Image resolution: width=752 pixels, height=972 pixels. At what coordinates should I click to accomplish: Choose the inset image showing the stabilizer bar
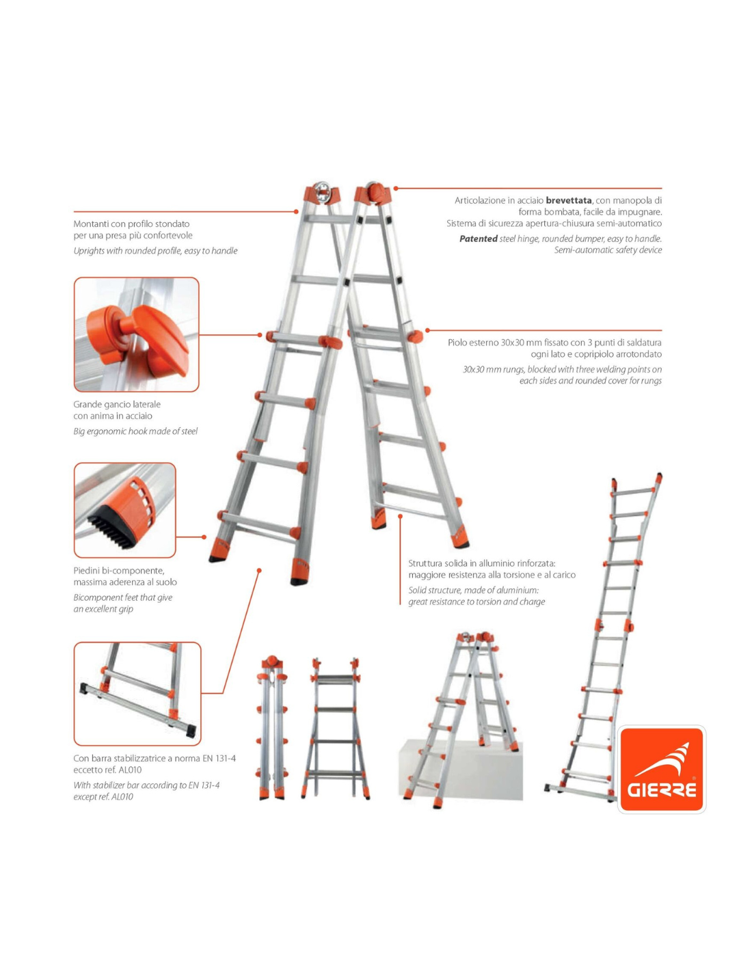coord(137,694)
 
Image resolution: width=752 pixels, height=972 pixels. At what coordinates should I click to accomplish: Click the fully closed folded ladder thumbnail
coord(271,727)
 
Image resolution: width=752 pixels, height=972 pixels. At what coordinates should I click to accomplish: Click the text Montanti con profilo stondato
coord(131,224)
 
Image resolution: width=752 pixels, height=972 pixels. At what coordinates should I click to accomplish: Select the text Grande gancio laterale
coord(117,404)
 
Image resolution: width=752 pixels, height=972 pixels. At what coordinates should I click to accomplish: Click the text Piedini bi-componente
coord(119,570)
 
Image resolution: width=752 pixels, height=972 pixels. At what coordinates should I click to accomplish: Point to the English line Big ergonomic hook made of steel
coord(135,431)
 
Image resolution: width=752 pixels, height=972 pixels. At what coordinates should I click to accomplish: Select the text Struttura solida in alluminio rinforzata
coord(482,563)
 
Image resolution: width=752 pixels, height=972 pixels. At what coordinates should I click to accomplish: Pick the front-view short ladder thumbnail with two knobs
coord(336,728)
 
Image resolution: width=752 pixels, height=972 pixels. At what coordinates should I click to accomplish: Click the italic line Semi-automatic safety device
coord(608,249)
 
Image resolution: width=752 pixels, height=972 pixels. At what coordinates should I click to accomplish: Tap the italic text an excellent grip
coord(103,609)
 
